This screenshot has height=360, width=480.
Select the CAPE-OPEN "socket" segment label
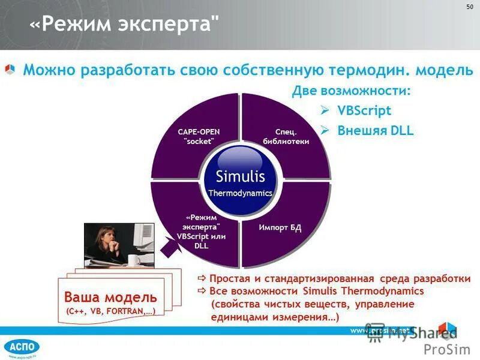[x=199, y=135]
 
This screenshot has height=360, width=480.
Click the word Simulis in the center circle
[x=240, y=176]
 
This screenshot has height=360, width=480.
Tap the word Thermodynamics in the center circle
[x=240, y=193]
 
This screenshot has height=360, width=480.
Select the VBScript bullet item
[x=364, y=110]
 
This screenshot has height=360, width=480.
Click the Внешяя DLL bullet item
[x=375, y=130]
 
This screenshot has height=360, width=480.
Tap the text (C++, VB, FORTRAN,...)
[x=111, y=311]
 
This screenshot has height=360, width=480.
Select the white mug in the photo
[x=133, y=259]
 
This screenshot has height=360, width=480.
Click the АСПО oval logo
[x=21, y=346]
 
